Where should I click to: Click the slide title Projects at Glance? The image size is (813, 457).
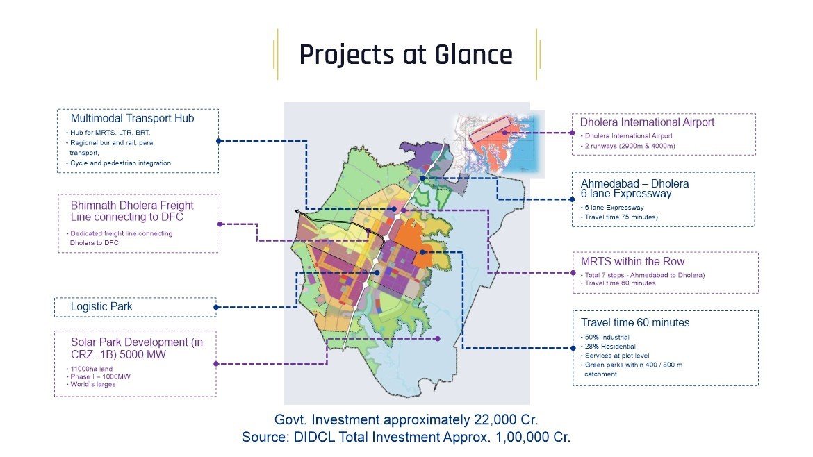pos(406,55)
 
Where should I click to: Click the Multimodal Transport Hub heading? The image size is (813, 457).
pos(132,119)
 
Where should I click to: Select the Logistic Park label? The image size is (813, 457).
pos(101,306)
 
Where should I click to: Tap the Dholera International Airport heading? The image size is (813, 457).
pos(647,122)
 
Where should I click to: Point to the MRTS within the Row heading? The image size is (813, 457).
pos(632,262)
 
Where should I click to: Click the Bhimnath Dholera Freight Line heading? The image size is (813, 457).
pos(132,212)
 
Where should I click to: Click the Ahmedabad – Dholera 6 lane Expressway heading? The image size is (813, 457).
pos(634,189)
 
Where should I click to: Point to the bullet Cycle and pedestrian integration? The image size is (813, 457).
pos(120,163)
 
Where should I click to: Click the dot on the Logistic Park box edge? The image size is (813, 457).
pos(216,307)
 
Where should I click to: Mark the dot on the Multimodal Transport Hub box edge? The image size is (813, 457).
pos(219,140)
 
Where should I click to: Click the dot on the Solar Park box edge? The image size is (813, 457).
pos(216,363)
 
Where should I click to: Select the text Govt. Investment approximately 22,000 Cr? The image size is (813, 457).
pos(406,420)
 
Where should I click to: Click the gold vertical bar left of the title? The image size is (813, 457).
pos(276,54)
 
